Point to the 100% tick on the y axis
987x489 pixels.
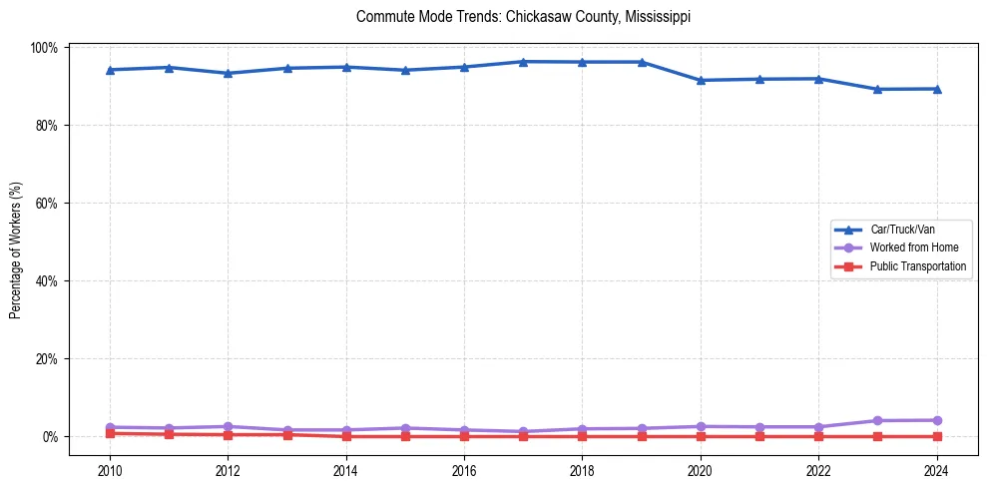tap(44, 48)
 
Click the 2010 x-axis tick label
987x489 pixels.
tap(110, 471)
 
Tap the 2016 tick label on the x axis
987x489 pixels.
tap(463, 471)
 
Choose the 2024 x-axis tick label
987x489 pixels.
tap(936, 471)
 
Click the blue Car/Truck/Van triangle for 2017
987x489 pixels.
tap(523, 62)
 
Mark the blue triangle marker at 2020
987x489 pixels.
tap(701, 80)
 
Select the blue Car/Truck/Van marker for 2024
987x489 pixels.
tap(936, 89)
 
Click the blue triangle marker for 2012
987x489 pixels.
tap(228, 73)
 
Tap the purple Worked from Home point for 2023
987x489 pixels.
tap(877, 421)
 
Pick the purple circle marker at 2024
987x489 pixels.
tap(936, 420)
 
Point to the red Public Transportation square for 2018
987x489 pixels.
tap(582, 436)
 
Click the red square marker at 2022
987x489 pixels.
tap(818, 436)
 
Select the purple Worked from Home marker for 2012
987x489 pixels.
tap(228, 426)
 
